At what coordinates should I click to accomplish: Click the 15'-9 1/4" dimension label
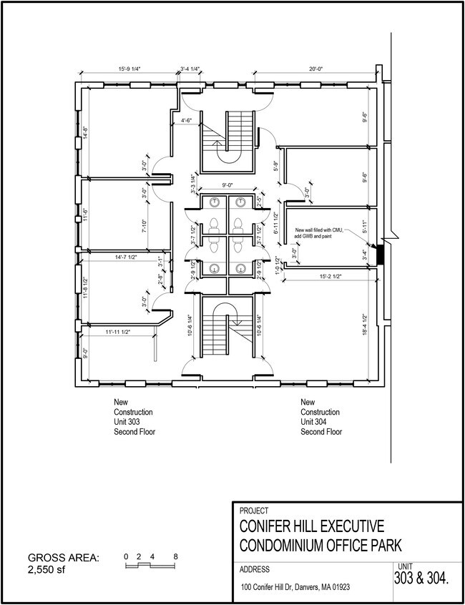[x=129, y=69]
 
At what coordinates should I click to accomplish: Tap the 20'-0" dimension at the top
[x=315, y=69]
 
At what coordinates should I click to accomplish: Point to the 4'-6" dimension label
[x=187, y=120]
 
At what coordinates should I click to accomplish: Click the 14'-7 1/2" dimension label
[x=126, y=257]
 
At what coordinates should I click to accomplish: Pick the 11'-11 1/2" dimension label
[x=118, y=332]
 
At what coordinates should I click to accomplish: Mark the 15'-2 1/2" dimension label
[x=331, y=276]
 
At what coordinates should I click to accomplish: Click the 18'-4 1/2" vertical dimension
[x=365, y=325]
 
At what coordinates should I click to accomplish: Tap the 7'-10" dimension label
[x=145, y=226]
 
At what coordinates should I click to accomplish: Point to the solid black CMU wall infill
[x=380, y=255]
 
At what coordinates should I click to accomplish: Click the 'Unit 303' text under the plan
[x=127, y=422]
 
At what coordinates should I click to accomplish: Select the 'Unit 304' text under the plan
[x=313, y=422]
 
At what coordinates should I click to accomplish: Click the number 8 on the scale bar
[x=175, y=556]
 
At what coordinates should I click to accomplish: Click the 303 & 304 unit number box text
[x=421, y=579]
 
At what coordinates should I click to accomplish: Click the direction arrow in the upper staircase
[x=218, y=146]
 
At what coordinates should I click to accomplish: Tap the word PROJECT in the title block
[x=254, y=511]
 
